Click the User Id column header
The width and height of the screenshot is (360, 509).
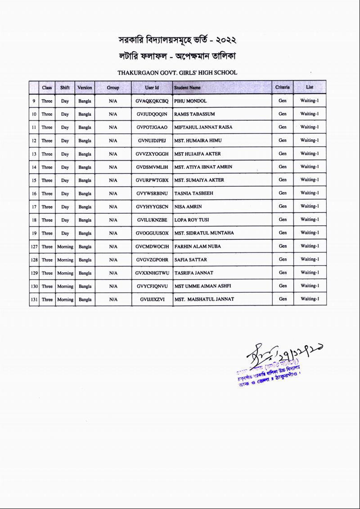pos(152,87)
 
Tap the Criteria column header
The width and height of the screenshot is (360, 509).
pos(282,87)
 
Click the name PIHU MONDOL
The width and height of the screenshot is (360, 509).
pos(190,101)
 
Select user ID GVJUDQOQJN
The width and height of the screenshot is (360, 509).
pos(152,114)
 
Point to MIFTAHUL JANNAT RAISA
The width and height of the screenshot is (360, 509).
pos(203,127)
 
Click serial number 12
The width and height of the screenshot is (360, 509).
pos(34,141)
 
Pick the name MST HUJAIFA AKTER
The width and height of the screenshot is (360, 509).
pos(198,154)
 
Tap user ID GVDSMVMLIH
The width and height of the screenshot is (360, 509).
pos(152,167)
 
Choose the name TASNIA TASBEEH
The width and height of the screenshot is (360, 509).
pos(193,194)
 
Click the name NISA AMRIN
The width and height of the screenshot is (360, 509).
pos(188,207)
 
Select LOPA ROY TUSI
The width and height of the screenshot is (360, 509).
pos(191,220)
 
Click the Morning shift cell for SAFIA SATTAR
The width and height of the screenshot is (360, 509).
pos(65,260)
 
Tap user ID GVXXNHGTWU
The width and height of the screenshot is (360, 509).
pos(152,273)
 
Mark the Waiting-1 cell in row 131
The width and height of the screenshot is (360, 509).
pos(310,299)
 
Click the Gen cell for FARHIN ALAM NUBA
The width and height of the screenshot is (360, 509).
pos(282,246)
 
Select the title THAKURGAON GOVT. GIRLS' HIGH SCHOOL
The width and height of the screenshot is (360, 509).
pos(177,72)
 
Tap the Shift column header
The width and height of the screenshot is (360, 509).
pos(65,87)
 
